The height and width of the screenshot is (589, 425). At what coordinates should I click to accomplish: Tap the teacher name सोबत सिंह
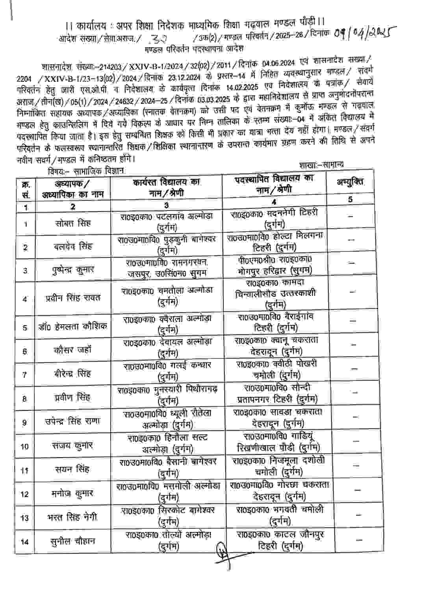tap(73, 223)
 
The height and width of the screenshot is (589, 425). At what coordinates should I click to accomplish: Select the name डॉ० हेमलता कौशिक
tap(73, 327)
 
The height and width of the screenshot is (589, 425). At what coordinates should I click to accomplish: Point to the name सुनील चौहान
tap(73, 541)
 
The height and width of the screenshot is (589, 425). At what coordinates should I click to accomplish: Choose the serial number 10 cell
tap(25, 446)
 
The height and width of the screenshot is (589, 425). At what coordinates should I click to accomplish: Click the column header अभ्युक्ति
tap(350, 182)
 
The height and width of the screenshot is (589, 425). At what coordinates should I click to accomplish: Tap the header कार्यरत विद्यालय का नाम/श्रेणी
tap(166, 187)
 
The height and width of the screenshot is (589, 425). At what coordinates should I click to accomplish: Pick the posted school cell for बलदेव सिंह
tap(275, 242)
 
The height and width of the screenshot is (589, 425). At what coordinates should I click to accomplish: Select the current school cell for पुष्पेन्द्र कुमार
tap(167, 268)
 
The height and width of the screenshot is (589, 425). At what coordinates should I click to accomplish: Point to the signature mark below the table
tap(223, 553)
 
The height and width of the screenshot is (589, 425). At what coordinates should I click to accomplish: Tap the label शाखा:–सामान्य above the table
tap(321, 164)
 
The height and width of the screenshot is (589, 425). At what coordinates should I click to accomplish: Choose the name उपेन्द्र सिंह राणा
tap(73, 421)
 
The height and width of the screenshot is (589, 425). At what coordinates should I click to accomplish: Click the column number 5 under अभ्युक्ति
tap(350, 199)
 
